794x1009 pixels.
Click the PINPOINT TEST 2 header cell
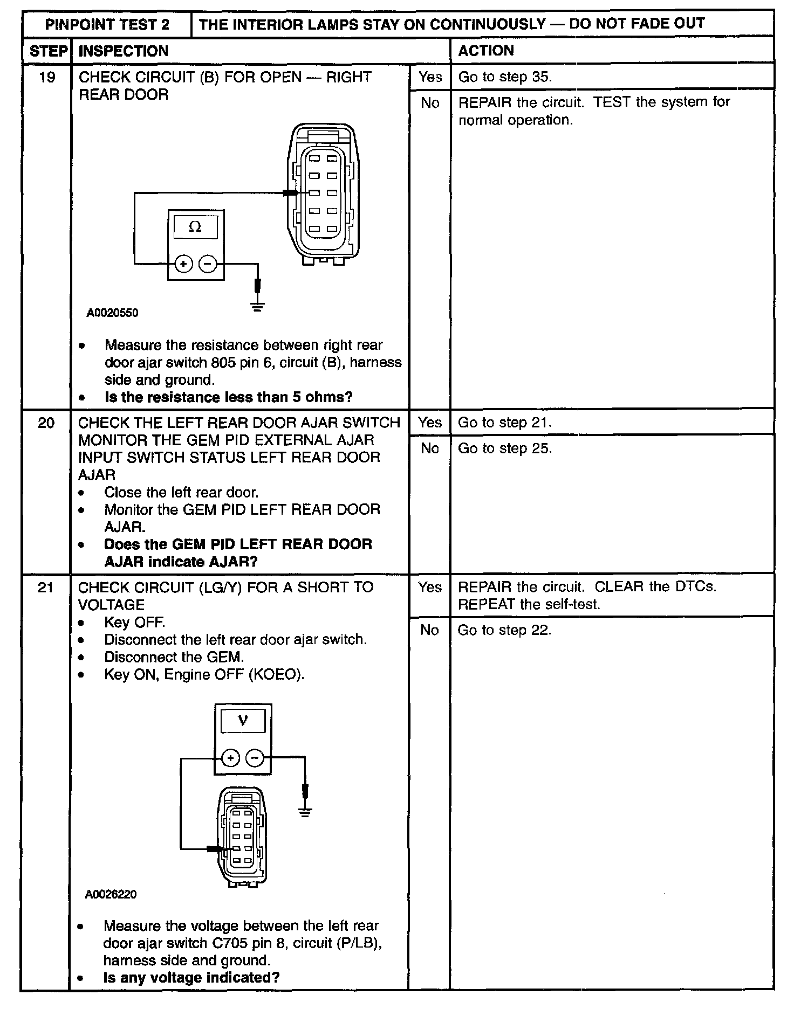[107, 24]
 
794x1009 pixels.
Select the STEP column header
[48, 51]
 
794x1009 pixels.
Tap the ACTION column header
[485, 51]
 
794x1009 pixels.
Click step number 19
[47, 78]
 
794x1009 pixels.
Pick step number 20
[46, 423]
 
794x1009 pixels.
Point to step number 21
[46, 588]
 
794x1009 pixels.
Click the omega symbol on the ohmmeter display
[195, 227]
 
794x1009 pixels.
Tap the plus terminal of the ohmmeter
[184, 264]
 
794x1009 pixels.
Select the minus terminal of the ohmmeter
[208, 264]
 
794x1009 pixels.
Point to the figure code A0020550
[112, 313]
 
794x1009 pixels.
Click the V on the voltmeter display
[243, 721]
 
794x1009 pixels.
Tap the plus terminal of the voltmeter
[230, 758]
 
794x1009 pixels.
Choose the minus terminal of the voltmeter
[255, 758]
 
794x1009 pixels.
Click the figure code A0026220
[111, 895]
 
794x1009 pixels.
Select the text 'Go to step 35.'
[505, 77]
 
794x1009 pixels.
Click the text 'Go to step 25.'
[505, 448]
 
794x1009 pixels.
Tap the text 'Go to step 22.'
[505, 630]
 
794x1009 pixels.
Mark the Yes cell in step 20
[429, 423]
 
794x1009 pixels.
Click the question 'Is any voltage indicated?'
[191, 978]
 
